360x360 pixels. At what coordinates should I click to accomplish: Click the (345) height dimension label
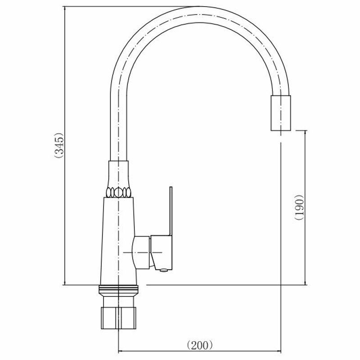click(x=59, y=145)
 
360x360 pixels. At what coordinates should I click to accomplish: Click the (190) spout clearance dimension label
click(x=299, y=207)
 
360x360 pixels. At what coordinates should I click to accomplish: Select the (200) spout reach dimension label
click(x=199, y=345)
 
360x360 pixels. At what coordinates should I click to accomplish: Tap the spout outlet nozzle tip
click(x=281, y=113)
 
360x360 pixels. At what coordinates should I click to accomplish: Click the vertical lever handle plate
click(x=171, y=211)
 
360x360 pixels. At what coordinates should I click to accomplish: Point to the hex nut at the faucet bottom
click(x=118, y=318)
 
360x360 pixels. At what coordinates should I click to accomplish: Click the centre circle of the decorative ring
click(x=118, y=192)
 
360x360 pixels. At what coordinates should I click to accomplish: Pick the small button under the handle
click(x=163, y=270)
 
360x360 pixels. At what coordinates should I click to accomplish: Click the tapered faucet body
click(x=118, y=241)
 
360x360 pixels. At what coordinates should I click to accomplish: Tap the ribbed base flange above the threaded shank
click(x=118, y=291)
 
